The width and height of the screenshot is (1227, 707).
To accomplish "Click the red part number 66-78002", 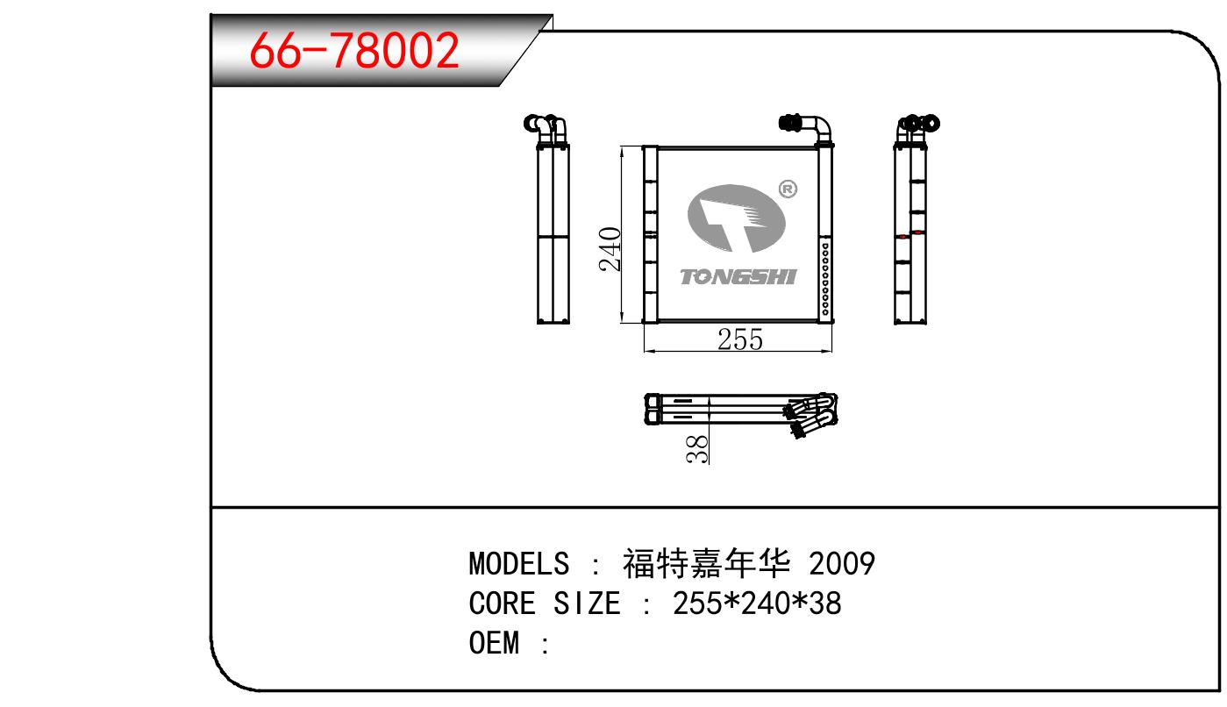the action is pos(353,50).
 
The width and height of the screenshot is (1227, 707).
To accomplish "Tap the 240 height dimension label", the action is pos(610,249).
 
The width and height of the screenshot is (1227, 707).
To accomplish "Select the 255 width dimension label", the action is pos(740,339).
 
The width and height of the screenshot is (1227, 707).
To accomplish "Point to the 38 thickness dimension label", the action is pos(696,449).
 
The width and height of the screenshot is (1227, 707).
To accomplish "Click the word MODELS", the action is pos(518,563).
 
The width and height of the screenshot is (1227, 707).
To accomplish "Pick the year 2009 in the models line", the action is pos(842,563).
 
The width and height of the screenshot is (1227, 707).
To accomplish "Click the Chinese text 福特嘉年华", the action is pos(707,563).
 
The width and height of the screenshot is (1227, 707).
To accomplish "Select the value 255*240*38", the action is pos(757,603).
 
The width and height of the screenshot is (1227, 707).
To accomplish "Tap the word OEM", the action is pos(494,642).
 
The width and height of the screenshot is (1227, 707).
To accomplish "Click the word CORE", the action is pos(502,603).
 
